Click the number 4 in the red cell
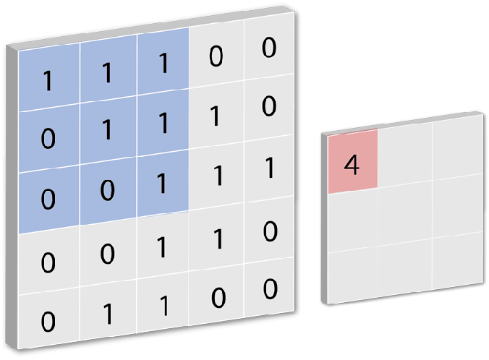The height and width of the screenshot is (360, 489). point(352,165)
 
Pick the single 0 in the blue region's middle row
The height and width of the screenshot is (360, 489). point(48,138)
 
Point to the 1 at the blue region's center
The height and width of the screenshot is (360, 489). point(106,130)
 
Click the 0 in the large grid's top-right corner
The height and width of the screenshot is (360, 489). point(269,48)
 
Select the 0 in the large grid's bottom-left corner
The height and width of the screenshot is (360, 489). point(48,320)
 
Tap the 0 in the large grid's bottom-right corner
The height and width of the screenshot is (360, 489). point(269,290)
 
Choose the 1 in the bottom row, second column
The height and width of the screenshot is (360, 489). point(107,314)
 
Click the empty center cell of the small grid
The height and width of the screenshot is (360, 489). point(405,211)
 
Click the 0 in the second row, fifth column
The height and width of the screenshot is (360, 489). point(269,106)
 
